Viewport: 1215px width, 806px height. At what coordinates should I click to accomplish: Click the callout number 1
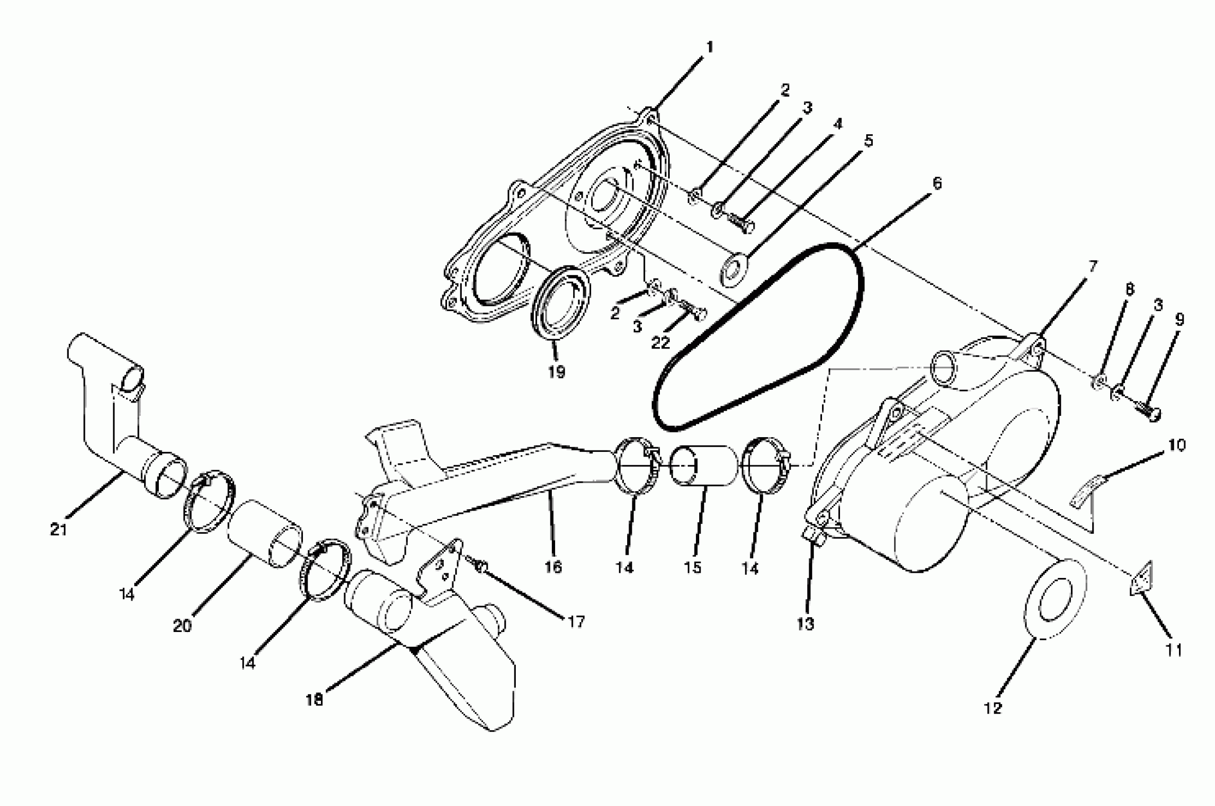click(710, 48)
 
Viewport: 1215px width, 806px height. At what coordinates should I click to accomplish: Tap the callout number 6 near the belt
click(937, 183)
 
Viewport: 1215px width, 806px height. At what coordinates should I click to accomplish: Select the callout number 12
click(993, 708)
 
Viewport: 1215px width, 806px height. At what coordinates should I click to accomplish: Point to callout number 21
click(59, 530)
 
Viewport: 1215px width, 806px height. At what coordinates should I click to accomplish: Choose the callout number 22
click(660, 342)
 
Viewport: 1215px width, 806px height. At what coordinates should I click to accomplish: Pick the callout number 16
click(553, 567)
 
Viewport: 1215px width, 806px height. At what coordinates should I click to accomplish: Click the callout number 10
click(1177, 445)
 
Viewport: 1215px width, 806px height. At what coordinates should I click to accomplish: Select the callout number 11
click(1174, 650)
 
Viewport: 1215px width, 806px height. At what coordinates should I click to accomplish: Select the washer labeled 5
click(733, 268)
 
